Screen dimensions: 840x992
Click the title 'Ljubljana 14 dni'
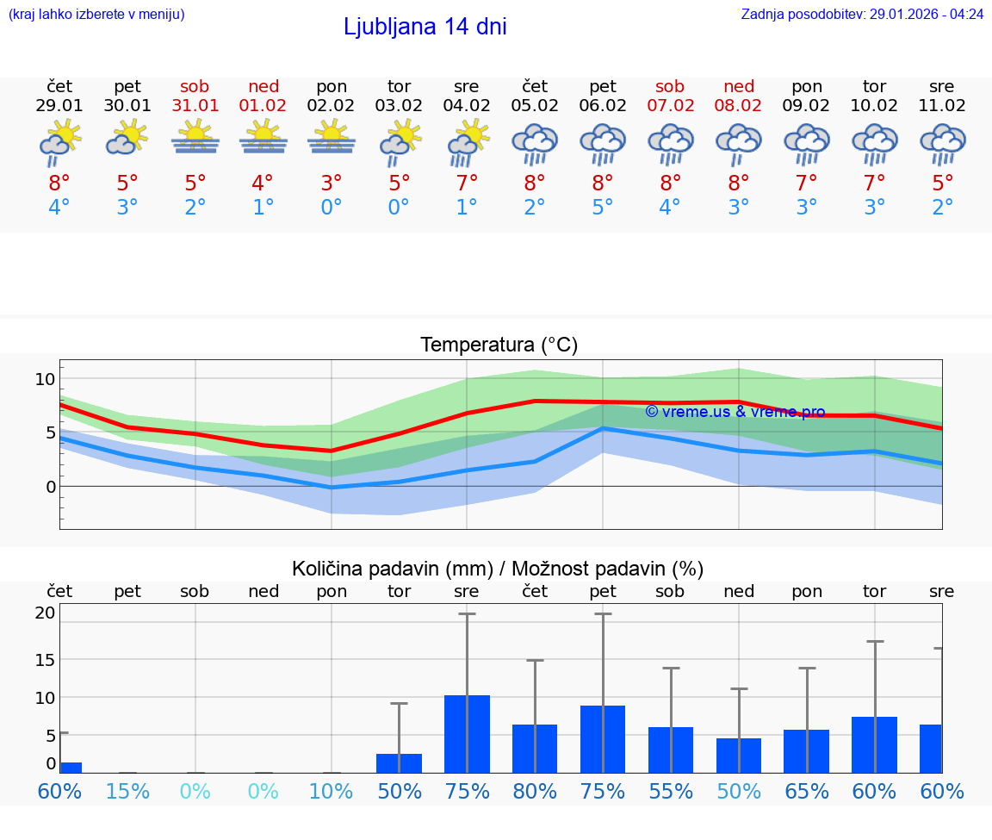point(425,27)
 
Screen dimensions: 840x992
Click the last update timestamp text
point(862,14)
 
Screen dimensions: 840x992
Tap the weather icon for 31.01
point(195,138)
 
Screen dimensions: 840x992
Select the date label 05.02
point(535,106)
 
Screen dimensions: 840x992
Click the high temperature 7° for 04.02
point(467,183)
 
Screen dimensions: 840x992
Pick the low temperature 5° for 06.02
point(603,208)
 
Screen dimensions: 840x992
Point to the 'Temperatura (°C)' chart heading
point(499,345)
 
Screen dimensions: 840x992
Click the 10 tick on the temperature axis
point(45,379)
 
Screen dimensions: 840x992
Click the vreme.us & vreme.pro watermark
point(735,412)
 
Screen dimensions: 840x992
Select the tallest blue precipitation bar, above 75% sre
point(467,734)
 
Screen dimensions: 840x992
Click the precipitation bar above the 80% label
point(535,749)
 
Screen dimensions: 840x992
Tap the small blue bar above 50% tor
point(399,763)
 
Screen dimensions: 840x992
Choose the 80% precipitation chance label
point(535,792)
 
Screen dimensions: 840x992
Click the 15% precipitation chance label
point(127,792)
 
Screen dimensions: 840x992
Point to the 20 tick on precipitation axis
point(45,613)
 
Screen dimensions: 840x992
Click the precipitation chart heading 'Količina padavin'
point(498,569)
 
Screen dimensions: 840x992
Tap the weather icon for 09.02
point(806,144)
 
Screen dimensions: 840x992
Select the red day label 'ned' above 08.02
point(739,86)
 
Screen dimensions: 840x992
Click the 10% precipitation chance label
point(331,792)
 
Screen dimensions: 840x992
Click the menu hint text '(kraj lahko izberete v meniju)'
point(96,14)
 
